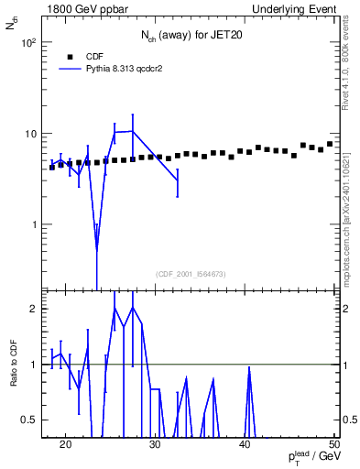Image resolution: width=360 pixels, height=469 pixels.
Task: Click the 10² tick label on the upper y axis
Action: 28,43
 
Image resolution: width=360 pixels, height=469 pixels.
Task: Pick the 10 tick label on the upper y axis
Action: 31,134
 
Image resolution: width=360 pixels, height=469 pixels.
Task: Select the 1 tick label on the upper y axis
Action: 34,224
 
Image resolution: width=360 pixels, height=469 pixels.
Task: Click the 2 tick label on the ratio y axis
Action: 34,309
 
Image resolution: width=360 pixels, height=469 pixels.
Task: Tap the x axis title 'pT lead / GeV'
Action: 311,459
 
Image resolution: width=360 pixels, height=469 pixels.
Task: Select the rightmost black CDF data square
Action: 330,144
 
